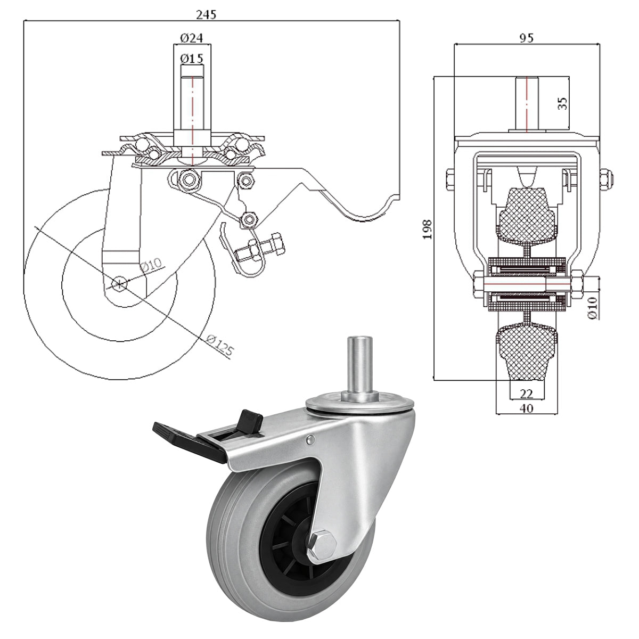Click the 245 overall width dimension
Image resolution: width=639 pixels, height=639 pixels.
(206, 14)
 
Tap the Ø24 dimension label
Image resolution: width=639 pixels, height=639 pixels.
(191, 38)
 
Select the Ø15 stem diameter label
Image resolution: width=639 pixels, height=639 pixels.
(191, 59)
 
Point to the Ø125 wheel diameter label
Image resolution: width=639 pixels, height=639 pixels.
(219, 346)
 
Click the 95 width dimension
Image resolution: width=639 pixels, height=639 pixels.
(526, 38)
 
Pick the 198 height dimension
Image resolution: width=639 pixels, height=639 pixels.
(427, 229)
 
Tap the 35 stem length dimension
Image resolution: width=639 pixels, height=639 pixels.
(563, 103)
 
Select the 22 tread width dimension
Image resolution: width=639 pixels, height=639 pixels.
(526, 394)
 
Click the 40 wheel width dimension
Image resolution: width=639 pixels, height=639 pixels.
(526, 408)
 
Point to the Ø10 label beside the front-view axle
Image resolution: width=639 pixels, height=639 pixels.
(593, 308)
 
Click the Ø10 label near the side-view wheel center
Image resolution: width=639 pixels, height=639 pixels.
(151, 266)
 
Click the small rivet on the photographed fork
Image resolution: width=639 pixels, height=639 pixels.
(310, 439)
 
